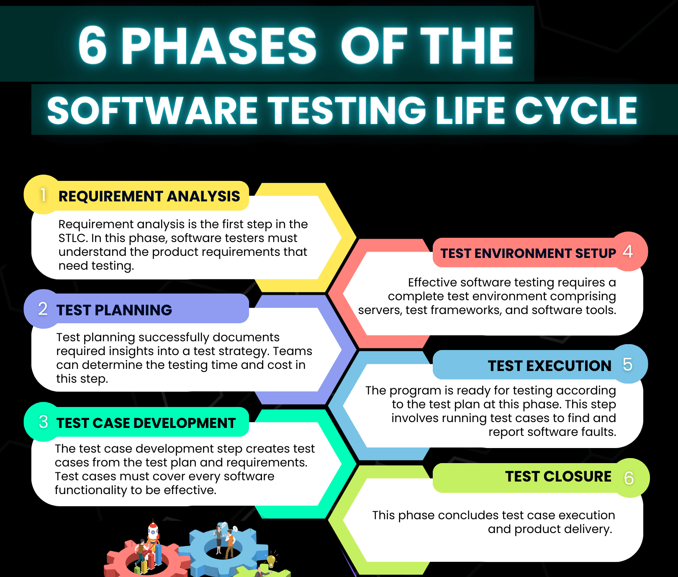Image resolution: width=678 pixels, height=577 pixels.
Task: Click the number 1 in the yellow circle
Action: (43, 195)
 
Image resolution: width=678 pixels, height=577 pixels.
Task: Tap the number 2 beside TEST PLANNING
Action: (43, 309)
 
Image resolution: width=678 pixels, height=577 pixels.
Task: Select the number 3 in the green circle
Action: (43, 422)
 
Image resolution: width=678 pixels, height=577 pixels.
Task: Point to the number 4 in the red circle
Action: (627, 251)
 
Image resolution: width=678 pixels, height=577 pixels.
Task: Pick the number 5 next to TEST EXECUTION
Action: (627, 364)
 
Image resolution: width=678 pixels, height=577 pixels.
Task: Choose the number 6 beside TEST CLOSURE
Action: (629, 478)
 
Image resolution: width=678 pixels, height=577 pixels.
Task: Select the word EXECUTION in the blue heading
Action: (569, 366)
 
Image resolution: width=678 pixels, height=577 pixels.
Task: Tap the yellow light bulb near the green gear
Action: (271, 559)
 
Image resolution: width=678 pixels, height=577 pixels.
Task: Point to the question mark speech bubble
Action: (235, 529)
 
